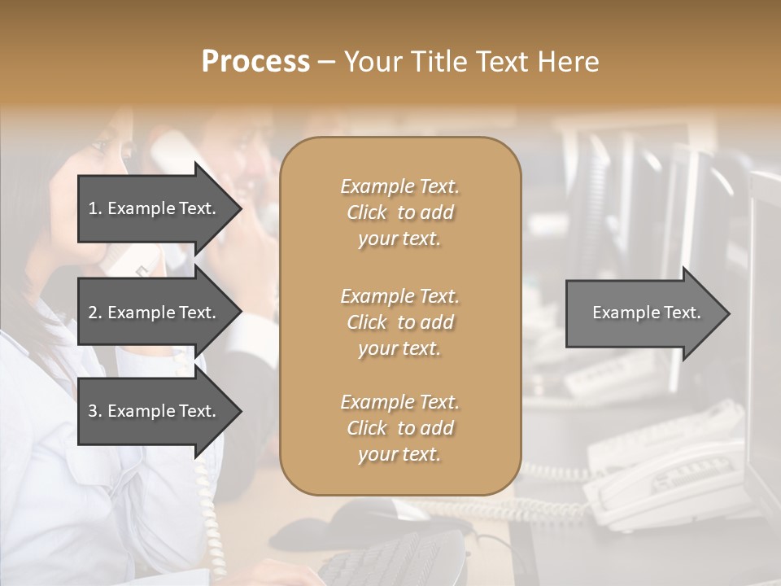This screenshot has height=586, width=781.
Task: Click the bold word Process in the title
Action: [255, 62]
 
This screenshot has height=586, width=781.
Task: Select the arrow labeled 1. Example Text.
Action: [153, 208]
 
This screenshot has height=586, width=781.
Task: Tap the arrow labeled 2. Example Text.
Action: [153, 313]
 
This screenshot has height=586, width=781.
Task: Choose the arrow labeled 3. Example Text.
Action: [153, 411]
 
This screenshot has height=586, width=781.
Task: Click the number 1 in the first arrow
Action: [92, 208]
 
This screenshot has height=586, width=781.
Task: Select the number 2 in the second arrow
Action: [93, 313]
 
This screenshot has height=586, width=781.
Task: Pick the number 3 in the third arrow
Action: [93, 411]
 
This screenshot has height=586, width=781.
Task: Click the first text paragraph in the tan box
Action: [399, 212]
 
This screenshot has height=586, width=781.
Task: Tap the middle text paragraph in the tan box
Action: [399, 322]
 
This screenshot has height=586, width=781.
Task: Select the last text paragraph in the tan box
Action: [399, 428]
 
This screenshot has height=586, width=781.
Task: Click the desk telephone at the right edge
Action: [667, 480]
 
